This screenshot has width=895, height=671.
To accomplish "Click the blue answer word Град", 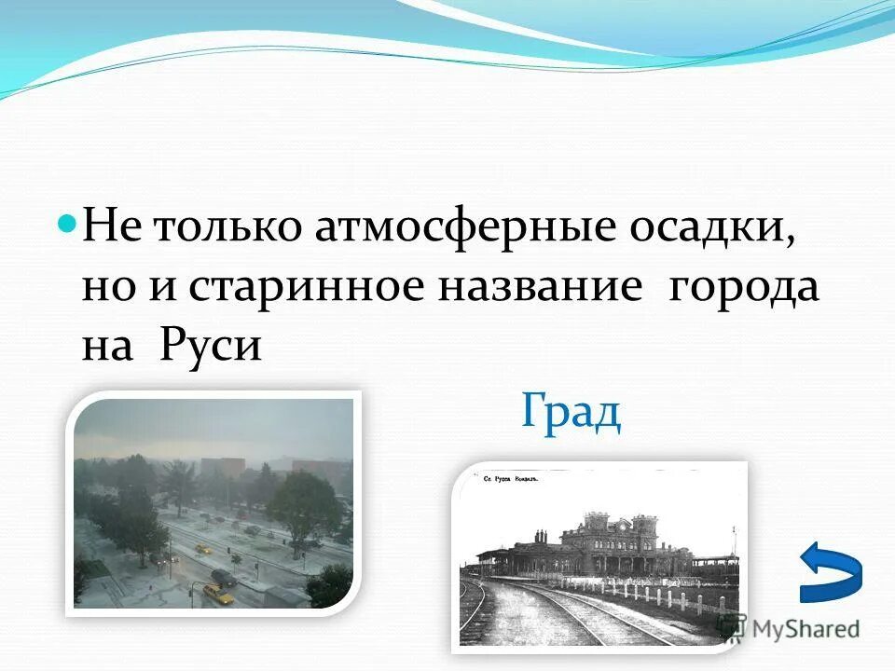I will click(x=571, y=411).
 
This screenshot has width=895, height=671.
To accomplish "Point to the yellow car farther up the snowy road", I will click(x=201, y=548).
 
